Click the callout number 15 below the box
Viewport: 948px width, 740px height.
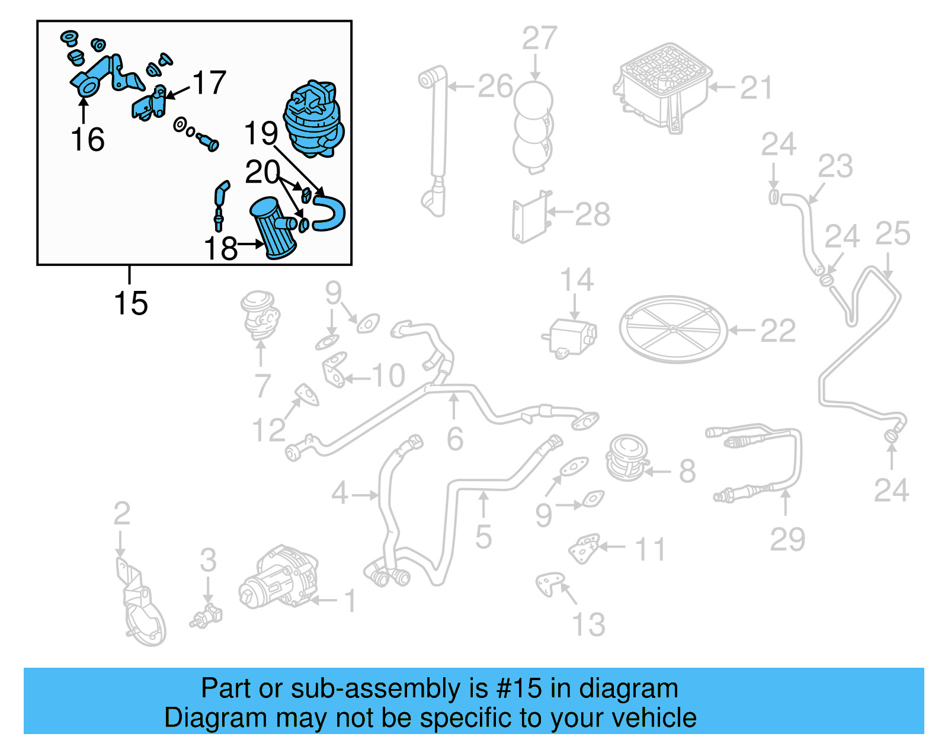coord(130,303)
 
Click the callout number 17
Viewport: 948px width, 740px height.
coord(210,83)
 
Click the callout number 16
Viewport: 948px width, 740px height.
coord(88,140)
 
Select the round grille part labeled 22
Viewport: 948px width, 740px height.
coord(672,329)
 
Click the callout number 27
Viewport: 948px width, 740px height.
coord(539,39)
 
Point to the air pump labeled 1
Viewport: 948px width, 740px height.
coord(278,578)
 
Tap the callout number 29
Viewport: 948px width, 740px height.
coord(787,539)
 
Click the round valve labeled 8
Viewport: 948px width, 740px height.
coord(627,457)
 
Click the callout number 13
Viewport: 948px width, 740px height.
coord(588,625)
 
